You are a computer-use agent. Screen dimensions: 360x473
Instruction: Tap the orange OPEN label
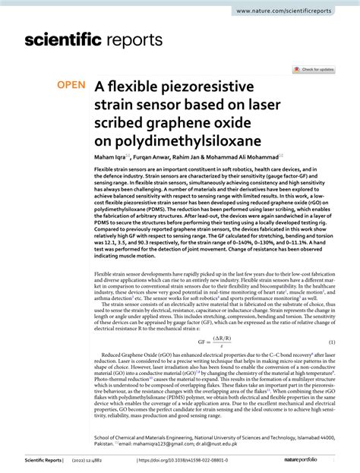72,86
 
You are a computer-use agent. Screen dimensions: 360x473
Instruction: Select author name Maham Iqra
112,154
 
